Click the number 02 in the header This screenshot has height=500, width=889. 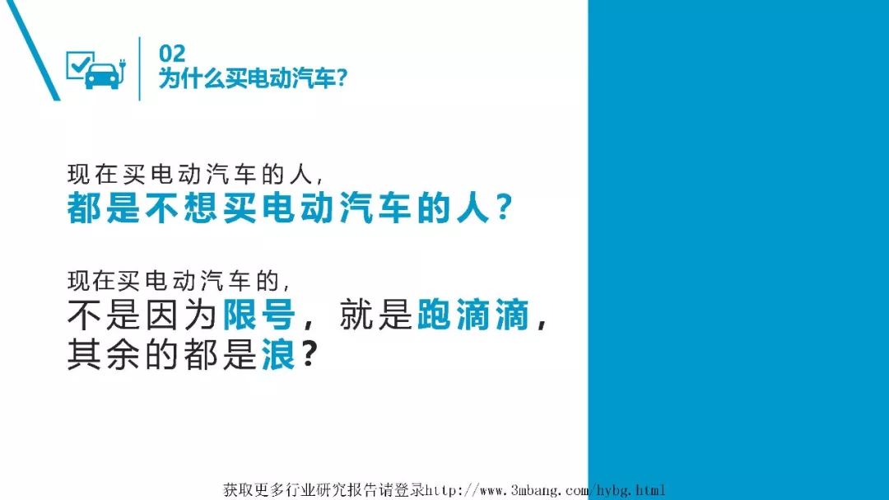click(172, 54)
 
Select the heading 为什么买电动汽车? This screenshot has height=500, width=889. click(253, 78)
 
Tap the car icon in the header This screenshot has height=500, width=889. click(103, 76)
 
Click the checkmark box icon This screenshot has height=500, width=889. click(79, 63)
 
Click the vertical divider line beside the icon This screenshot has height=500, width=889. click(139, 68)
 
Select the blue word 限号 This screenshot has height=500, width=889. click(259, 314)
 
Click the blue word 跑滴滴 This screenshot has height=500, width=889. click(472, 314)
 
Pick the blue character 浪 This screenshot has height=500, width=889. click(278, 354)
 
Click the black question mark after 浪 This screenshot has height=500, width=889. click(309, 353)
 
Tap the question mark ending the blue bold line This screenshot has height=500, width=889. click(504, 208)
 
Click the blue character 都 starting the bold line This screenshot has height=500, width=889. click(85, 208)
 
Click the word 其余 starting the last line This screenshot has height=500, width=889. click(104, 354)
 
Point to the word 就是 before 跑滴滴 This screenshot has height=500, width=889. click(375, 314)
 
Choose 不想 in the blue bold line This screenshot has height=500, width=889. click(181, 208)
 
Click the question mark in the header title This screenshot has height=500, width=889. click(342, 78)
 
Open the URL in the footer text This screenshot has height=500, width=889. click(545, 490)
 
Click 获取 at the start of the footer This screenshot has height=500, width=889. click(238, 490)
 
